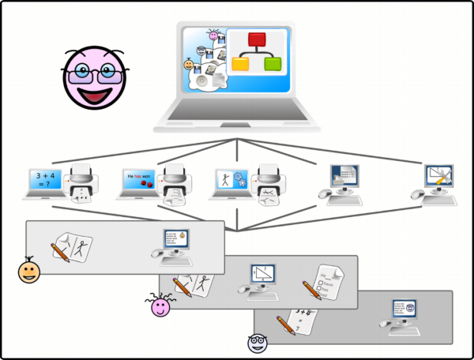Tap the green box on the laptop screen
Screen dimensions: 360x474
pyautogui.click(x=273, y=64)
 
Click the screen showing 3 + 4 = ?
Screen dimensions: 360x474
pyautogui.click(x=44, y=178)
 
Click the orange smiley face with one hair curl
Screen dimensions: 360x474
pyautogui.click(x=30, y=272)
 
